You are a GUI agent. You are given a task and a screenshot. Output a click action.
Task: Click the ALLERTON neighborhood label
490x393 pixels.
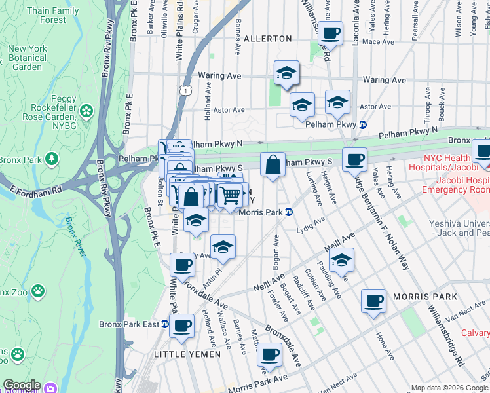click(x=267, y=39)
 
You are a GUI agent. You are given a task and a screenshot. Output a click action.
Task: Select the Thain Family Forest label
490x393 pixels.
click(x=52, y=15)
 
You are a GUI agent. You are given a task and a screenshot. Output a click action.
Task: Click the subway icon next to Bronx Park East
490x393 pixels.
click(x=165, y=324)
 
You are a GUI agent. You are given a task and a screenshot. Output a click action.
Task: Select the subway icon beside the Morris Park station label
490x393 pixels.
click(x=288, y=212)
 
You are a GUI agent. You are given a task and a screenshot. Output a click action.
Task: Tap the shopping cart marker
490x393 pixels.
click(x=229, y=195)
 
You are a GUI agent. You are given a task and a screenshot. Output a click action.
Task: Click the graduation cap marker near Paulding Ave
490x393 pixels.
click(x=341, y=260)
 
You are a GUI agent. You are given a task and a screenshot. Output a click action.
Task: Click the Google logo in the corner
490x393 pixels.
click(x=21, y=385)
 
